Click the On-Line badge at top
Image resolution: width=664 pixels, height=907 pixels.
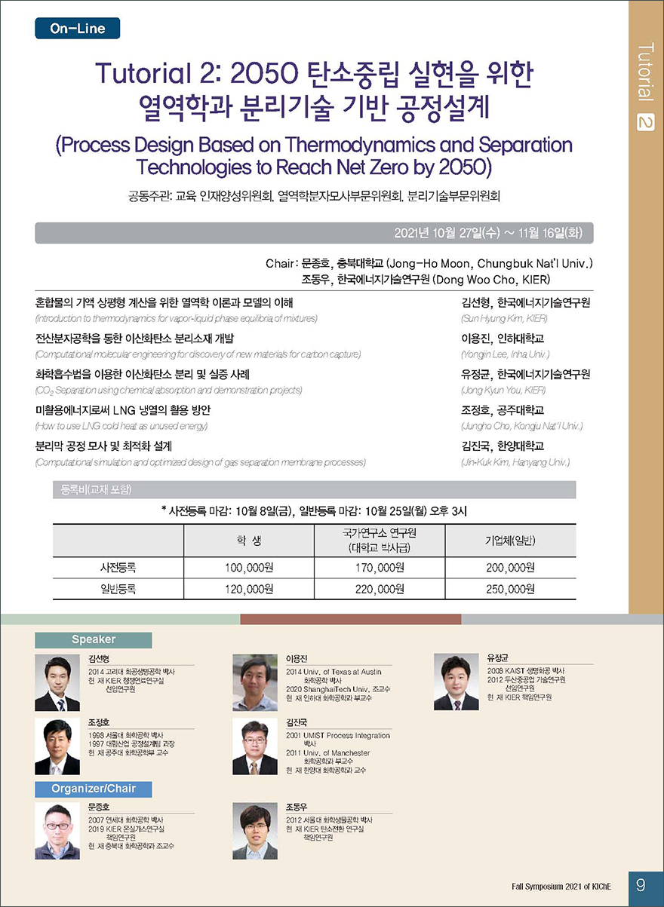coord(77,29)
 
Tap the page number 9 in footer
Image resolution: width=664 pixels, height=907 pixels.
coord(640,884)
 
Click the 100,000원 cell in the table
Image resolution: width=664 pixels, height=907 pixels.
coord(248,568)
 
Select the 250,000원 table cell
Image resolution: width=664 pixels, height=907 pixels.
coord(510,589)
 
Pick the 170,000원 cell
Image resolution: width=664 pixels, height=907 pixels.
coord(380,568)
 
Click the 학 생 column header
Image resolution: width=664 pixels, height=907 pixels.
coord(248,541)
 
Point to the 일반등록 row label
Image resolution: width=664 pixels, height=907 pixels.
coord(118,589)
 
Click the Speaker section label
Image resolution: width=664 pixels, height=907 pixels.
coord(94,639)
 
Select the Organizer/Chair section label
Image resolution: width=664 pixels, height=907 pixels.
coord(94,789)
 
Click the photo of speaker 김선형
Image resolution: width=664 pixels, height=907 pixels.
coord(57,683)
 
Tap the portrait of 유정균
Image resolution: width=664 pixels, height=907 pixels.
coord(456,682)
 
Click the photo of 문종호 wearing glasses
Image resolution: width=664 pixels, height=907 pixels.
coord(57,832)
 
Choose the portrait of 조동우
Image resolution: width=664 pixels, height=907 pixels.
coord(255,832)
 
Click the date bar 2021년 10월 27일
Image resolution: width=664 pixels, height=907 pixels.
coord(314,233)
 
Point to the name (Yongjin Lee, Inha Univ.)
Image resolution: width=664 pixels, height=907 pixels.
coord(504,354)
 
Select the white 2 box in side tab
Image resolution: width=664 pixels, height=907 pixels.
coord(645,121)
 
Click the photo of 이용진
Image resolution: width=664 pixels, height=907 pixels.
coord(255,682)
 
